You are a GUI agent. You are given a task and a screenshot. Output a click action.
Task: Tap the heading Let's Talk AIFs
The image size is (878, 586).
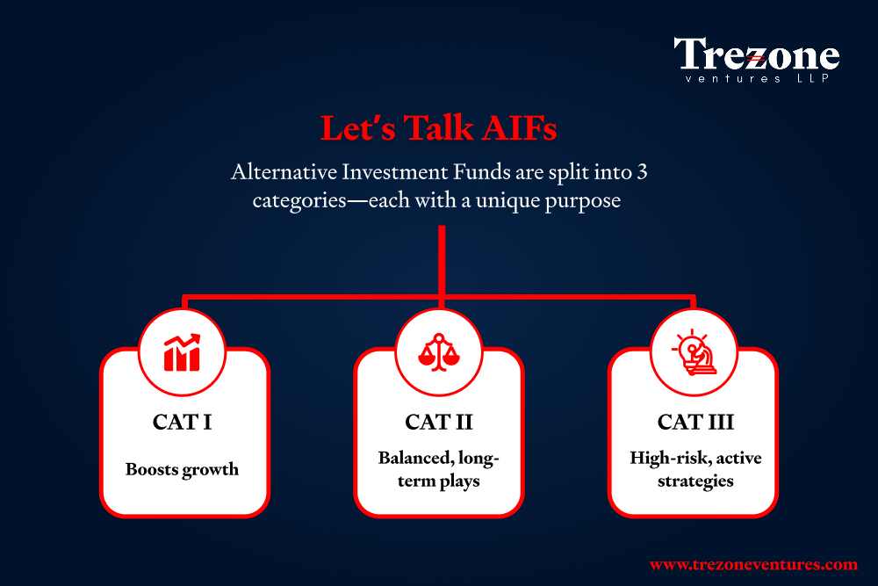click(438, 127)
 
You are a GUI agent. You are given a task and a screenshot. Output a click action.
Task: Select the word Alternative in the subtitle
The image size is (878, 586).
click(284, 171)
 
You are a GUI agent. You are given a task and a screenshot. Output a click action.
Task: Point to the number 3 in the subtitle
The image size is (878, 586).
click(642, 172)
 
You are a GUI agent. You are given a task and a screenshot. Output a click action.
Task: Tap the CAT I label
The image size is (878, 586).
click(182, 422)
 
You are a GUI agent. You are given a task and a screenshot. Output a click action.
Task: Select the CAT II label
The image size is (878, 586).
click(439, 422)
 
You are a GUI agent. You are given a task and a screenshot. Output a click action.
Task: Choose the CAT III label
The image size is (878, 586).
click(695, 422)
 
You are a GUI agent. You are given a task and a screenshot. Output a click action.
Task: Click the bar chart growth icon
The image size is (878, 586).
click(182, 352)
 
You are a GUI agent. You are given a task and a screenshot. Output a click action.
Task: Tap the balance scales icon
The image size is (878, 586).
click(439, 352)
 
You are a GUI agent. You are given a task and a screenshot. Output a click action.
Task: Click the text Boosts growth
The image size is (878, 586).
click(182, 469)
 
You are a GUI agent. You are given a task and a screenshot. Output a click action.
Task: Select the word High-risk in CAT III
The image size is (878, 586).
click(662, 458)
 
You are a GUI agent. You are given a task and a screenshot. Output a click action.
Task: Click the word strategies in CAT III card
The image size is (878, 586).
click(695, 481)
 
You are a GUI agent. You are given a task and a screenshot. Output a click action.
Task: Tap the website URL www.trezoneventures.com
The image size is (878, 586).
click(753, 564)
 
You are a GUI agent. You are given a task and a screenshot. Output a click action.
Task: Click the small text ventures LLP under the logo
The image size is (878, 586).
click(757, 78)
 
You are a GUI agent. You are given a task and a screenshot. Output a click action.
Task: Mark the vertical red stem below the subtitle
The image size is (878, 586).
click(442, 261)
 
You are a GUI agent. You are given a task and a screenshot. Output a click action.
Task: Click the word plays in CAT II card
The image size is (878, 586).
click(460, 481)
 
